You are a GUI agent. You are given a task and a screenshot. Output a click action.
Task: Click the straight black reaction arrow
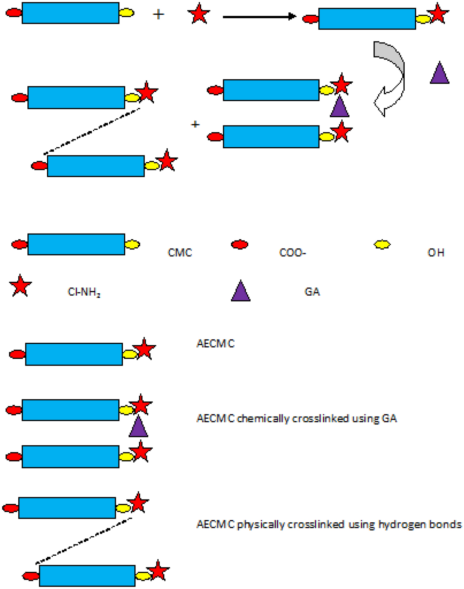[259, 17]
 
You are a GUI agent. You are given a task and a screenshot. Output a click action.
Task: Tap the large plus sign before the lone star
[158, 14]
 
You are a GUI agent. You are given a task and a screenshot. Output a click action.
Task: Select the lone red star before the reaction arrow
[199, 13]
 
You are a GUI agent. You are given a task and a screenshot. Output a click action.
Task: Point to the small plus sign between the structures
[195, 124]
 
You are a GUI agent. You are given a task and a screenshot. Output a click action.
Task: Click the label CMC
[180, 253]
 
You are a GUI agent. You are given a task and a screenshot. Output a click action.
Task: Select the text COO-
[292, 253]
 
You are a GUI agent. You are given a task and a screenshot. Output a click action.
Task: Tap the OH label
[436, 253]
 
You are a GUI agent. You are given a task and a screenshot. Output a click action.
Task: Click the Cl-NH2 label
[84, 292]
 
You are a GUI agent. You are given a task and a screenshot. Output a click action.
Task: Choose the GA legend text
[312, 291]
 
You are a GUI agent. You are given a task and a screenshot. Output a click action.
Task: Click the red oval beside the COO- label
[240, 244]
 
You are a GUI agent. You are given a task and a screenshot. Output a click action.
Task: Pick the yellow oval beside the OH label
[382, 244]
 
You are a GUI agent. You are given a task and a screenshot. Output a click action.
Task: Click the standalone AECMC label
[215, 344]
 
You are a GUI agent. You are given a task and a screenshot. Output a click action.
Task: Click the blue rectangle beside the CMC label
[76, 244]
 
